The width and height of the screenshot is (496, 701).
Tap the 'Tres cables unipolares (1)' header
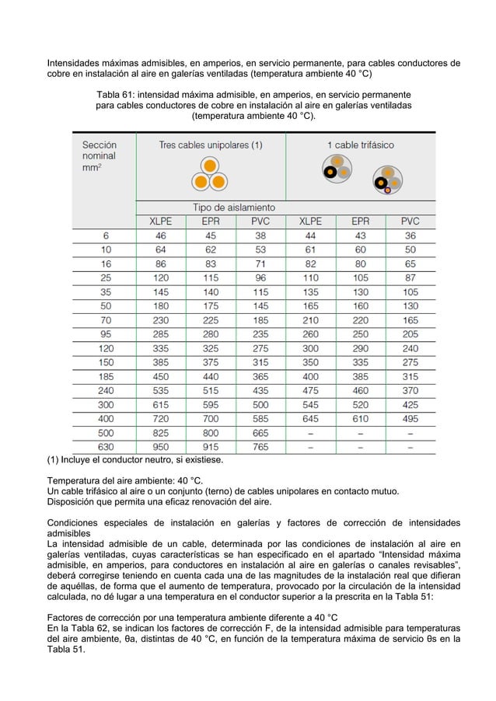tap(210, 145)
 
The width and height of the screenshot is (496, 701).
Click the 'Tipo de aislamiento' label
tap(233, 208)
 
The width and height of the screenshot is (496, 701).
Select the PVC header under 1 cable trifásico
tap(410, 221)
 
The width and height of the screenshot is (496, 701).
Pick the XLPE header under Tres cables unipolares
tap(161, 221)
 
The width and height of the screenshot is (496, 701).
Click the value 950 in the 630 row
tap(161, 448)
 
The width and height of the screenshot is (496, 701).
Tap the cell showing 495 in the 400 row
tap(410, 419)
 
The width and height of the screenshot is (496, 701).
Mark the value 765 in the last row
tap(260, 448)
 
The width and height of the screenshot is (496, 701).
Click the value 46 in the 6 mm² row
tap(161, 235)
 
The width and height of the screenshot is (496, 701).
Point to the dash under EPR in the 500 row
tap(360, 434)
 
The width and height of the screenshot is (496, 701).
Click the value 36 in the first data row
tap(410, 235)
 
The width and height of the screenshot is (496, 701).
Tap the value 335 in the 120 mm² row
tap(161, 348)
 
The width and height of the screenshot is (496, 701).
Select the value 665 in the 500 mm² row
tap(260, 434)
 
